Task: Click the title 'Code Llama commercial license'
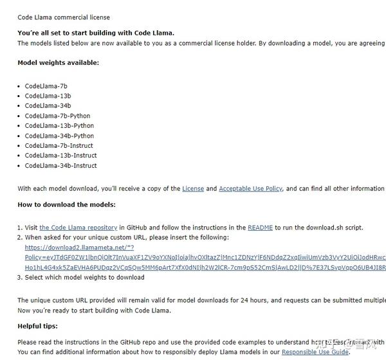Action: (64, 17)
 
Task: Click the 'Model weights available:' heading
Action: (59, 63)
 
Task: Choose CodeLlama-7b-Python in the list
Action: (57, 116)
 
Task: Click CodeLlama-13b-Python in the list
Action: (59, 126)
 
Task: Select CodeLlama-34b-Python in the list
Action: (59, 136)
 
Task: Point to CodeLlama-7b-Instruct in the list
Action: (59, 146)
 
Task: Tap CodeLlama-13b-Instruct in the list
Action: (61, 156)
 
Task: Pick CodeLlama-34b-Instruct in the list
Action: (61, 166)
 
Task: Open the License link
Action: (193, 189)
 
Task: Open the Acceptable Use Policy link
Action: (250, 189)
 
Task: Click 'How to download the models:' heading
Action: (67, 204)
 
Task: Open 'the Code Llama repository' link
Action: (78, 228)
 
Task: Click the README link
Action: (260, 228)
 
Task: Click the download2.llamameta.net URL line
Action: (79, 248)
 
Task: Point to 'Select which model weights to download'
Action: (85, 278)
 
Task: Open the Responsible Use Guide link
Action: (315, 352)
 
